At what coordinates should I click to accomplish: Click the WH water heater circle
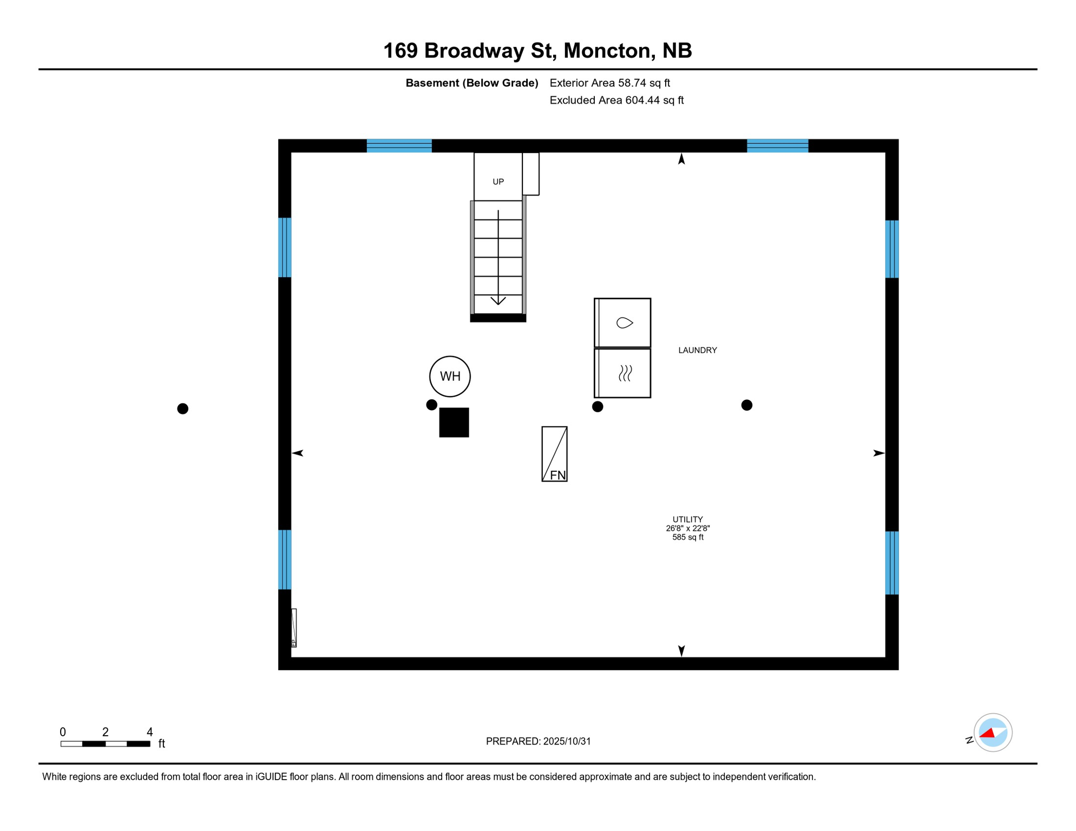[x=450, y=376]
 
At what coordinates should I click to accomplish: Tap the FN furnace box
[x=554, y=454]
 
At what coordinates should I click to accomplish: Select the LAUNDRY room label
[x=697, y=350]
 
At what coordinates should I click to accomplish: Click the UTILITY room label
[x=687, y=519]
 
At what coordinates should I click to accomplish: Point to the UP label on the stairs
[x=498, y=182]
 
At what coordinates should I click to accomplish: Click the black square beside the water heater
[x=454, y=422]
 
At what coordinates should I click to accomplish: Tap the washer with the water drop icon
[x=622, y=323]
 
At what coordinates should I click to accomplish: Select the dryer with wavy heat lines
[x=622, y=373]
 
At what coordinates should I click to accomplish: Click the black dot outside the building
[x=183, y=408]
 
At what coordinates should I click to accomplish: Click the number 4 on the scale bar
[x=150, y=732]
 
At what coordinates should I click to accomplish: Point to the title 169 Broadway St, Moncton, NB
[x=537, y=50]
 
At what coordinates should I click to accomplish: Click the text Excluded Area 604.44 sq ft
[x=616, y=100]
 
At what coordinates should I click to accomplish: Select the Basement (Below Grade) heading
[x=471, y=83]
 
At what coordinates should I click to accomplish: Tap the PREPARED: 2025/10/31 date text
[x=538, y=741]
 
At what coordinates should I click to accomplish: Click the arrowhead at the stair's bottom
[x=498, y=301]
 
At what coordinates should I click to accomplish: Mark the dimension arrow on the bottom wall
[x=681, y=650]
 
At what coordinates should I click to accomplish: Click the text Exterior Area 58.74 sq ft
[x=609, y=83]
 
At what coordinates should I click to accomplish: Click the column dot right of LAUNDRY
[x=746, y=405]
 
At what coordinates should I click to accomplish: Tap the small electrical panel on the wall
[x=293, y=628]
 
